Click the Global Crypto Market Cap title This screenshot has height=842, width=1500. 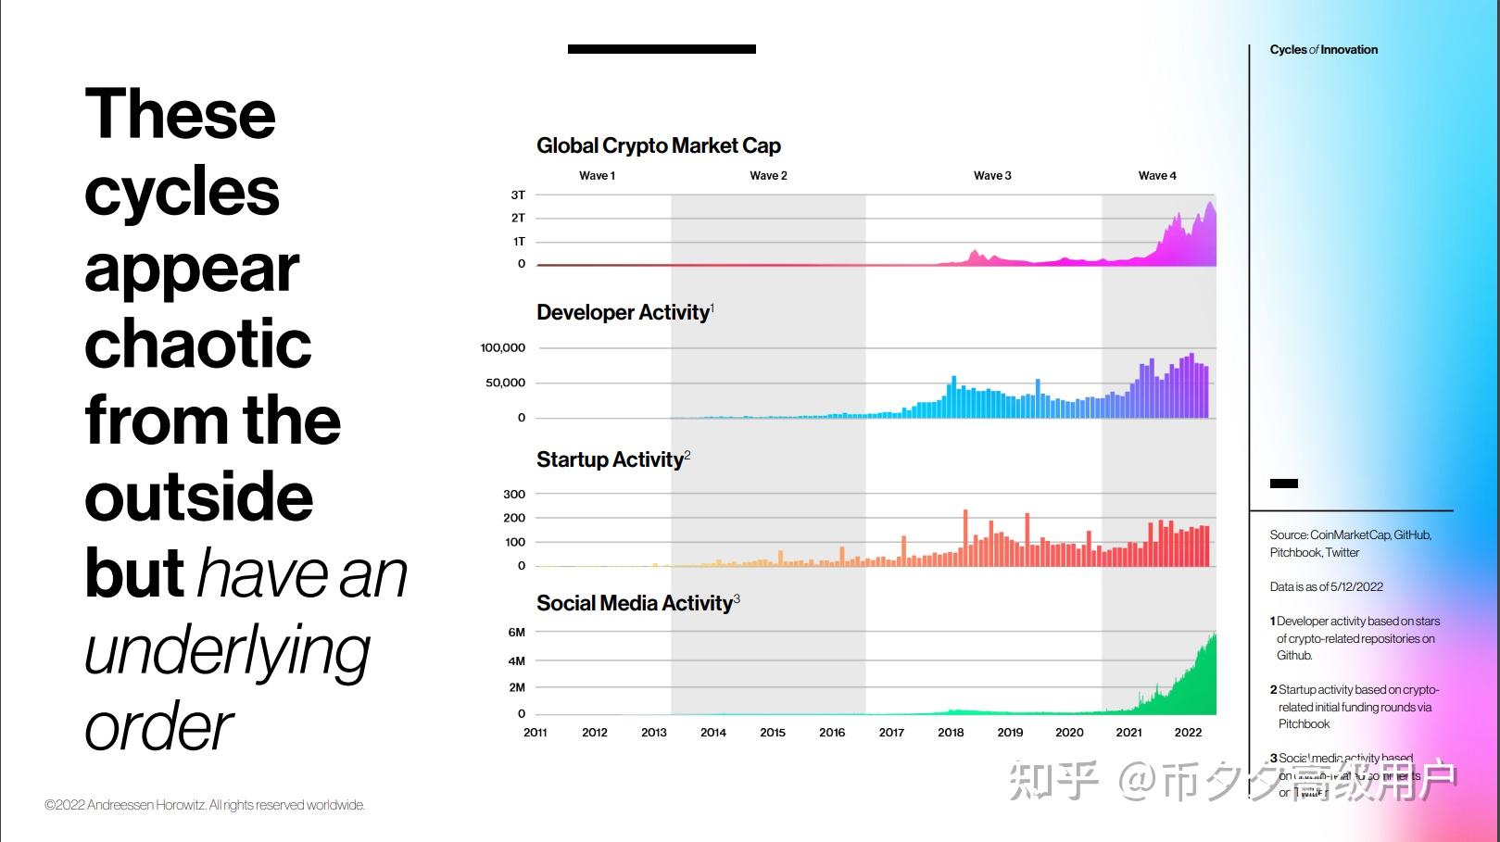(x=658, y=145)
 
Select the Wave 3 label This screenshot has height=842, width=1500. (x=992, y=175)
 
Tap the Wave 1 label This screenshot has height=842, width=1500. (x=597, y=175)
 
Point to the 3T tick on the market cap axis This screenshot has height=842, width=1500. (x=518, y=195)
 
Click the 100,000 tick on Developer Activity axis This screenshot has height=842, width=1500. (x=502, y=347)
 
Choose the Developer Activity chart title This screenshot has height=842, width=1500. (x=623, y=312)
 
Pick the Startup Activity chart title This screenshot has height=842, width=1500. (x=610, y=459)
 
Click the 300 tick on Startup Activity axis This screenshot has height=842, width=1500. (x=514, y=494)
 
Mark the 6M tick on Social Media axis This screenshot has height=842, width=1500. (x=516, y=632)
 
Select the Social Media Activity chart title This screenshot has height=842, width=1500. (x=635, y=603)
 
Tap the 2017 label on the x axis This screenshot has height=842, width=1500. (x=891, y=732)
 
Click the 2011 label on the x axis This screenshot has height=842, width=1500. (x=536, y=732)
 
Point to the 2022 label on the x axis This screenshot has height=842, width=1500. (x=1188, y=732)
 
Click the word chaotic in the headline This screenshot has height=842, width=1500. (x=197, y=344)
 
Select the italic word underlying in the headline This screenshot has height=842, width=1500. (x=227, y=651)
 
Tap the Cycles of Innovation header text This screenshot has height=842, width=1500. (x=1323, y=50)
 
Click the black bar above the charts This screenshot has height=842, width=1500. (x=662, y=49)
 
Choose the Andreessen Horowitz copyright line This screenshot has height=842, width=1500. (x=205, y=805)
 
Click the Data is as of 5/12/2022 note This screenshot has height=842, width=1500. (x=1326, y=586)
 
